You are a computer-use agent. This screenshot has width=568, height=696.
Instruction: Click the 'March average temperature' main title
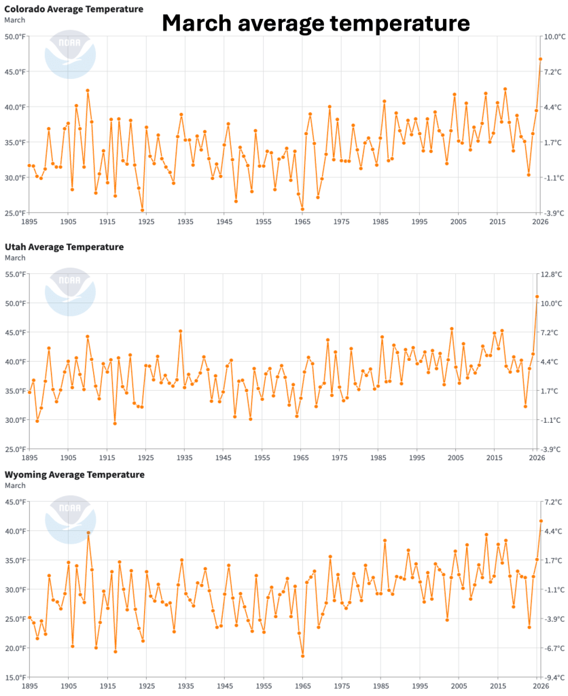tap(315, 24)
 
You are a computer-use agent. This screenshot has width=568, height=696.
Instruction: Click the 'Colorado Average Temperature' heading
tap(74, 9)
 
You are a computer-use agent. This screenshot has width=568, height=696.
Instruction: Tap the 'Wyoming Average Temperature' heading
tap(74, 474)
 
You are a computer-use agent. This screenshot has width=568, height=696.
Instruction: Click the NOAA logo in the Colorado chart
tap(66, 54)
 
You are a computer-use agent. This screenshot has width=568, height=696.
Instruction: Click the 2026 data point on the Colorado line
tap(540, 59)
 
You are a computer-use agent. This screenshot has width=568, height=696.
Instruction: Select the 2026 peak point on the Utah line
tap(537, 296)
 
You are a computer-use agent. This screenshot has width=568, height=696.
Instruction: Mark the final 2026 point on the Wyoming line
tap(541, 521)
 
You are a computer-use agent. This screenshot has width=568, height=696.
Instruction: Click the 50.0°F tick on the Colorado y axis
tap(14, 36)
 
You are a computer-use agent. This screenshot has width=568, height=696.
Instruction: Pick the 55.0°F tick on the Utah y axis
tap(14, 274)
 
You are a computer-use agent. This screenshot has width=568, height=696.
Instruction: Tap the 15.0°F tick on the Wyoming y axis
tap(14, 678)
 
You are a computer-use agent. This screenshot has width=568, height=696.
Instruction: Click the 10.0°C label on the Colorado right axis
tap(554, 36)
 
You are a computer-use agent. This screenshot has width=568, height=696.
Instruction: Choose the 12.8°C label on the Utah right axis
tap(554, 274)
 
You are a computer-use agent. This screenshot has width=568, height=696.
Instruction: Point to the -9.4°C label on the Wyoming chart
tap(554, 678)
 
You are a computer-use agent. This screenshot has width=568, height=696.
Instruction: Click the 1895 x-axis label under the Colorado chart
tap(29, 222)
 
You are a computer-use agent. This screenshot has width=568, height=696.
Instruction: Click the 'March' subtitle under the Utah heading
tap(15, 258)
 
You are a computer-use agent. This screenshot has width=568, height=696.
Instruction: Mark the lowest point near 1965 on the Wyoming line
tap(302, 656)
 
